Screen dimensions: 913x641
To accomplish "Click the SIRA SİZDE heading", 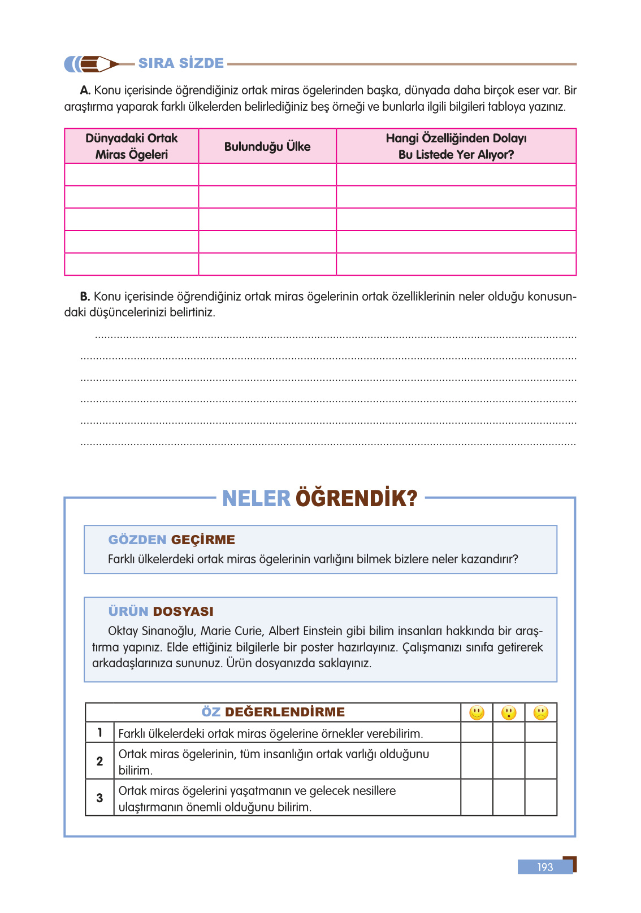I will click(181, 63).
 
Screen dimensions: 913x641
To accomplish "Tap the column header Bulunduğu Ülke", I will click(267, 146).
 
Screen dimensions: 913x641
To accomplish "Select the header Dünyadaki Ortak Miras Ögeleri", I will click(132, 146).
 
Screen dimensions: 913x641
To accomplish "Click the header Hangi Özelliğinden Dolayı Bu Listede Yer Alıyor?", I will click(456, 146).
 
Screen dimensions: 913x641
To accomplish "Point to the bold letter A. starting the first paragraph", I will click(85, 90).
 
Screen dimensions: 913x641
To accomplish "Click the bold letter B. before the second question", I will click(85, 297).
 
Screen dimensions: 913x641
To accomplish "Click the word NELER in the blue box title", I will click(256, 498).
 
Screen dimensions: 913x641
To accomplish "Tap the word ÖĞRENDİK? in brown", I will click(356, 498).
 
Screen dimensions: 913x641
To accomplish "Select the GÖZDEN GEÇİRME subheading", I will click(171, 540).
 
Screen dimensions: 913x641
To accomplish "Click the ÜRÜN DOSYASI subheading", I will click(161, 611).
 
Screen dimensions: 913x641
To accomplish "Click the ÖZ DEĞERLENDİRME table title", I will click(273, 712).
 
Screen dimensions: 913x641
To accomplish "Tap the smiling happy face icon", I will click(477, 712).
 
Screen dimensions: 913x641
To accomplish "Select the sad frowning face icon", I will click(541, 712).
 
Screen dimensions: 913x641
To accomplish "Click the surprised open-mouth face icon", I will click(509, 712).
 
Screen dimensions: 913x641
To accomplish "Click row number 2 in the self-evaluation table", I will click(99, 761).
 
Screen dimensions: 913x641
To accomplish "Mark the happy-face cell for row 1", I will click(477, 733).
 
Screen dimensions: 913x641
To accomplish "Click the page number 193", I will click(545, 867).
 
